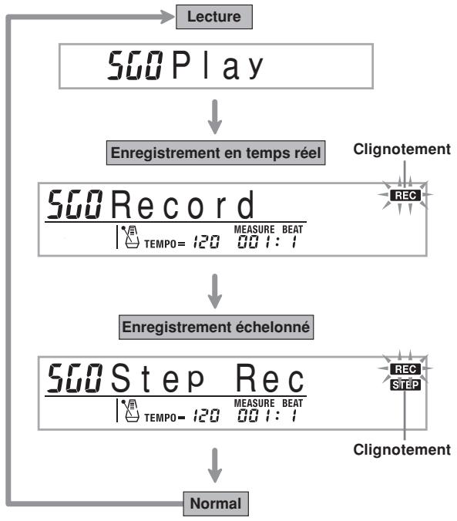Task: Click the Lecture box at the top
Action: pos(214,17)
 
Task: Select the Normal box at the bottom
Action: pos(216,503)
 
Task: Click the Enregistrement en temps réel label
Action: pos(216,153)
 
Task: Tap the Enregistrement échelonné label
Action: pos(216,327)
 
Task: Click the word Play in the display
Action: pos(217,66)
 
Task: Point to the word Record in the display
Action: pos(183,204)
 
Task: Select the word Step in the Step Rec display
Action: pos(157,378)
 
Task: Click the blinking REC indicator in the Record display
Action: pos(405,196)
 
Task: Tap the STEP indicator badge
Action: pos(405,385)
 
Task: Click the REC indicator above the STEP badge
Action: pos(405,369)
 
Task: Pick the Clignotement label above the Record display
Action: pos(402,150)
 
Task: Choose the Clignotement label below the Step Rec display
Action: pos(402,449)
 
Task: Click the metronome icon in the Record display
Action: pos(130,237)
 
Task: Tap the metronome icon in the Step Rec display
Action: pos(130,410)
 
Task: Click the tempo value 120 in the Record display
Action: pos(207,242)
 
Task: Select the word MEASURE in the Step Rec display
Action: pos(254,403)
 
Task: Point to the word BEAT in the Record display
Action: pos(293,229)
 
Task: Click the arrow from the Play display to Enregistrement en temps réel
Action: pos(215,116)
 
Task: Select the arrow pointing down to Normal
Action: pos(215,466)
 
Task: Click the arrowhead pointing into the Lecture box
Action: pos(167,17)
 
